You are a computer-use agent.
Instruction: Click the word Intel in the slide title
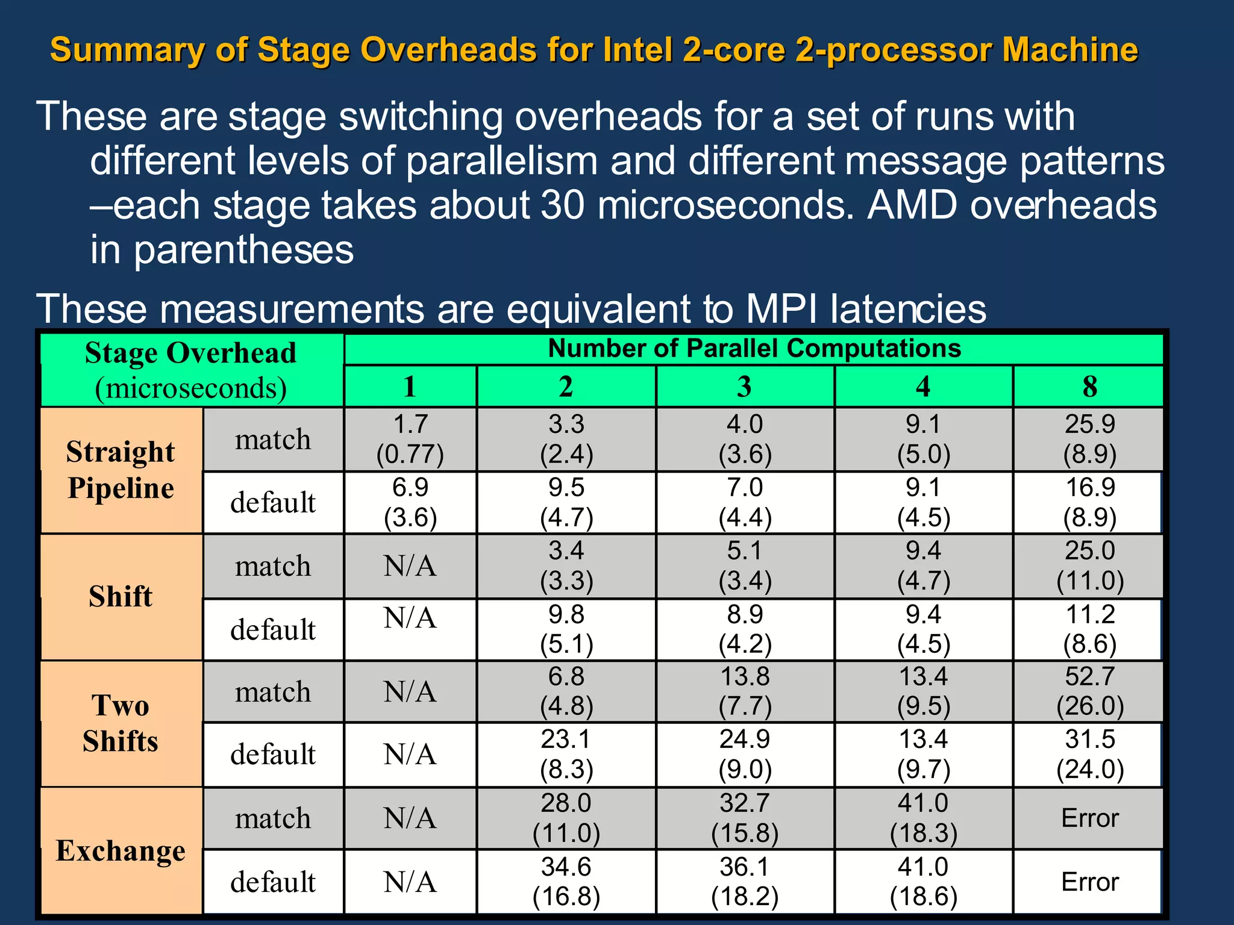click(x=637, y=50)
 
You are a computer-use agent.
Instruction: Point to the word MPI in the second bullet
click(x=781, y=309)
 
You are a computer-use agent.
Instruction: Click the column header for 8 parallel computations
click(x=1089, y=386)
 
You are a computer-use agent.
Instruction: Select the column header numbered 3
click(x=745, y=386)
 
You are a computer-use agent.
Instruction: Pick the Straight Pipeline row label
click(x=121, y=470)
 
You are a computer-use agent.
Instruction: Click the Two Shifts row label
click(x=121, y=723)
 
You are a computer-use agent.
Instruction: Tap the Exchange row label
click(x=121, y=850)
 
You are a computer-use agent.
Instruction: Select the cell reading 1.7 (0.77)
click(x=410, y=439)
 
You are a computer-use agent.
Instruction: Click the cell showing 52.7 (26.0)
click(x=1089, y=691)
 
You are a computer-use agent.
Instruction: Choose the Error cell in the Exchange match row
click(x=1089, y=818)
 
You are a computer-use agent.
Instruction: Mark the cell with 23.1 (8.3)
click(x=566, y=754)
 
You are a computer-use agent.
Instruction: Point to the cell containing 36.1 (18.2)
click(x=745, y=882)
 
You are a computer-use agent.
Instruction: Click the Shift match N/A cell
click(x=410, y=566)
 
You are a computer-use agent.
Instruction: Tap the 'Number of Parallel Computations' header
click(x=754, y=349)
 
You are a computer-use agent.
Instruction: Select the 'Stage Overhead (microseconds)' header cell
click(x=191, y=370)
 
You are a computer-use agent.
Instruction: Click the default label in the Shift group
click(x=273, y=630)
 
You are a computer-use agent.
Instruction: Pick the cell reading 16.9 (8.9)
click(x=1089, y=502)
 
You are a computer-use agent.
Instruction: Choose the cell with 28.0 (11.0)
click(x=566, y=818)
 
